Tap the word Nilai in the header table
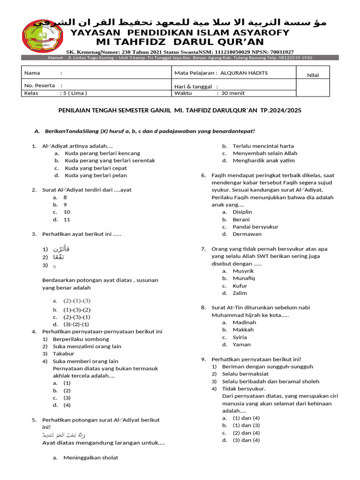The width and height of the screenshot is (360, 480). coord(313,75)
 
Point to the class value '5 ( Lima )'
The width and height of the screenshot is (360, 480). coord(74,93)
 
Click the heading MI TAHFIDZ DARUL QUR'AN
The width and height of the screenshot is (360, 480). coord(180,43)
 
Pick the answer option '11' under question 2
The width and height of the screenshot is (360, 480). coord(67,219)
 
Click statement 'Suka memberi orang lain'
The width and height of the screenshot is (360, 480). coord(85,361)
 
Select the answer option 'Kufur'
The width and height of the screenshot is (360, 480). coord(240,286)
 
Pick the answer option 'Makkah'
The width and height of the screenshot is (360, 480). coord(243,330)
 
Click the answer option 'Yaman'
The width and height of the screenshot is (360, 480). coord(241,345)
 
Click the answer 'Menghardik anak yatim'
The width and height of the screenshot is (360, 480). coord(263,160)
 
